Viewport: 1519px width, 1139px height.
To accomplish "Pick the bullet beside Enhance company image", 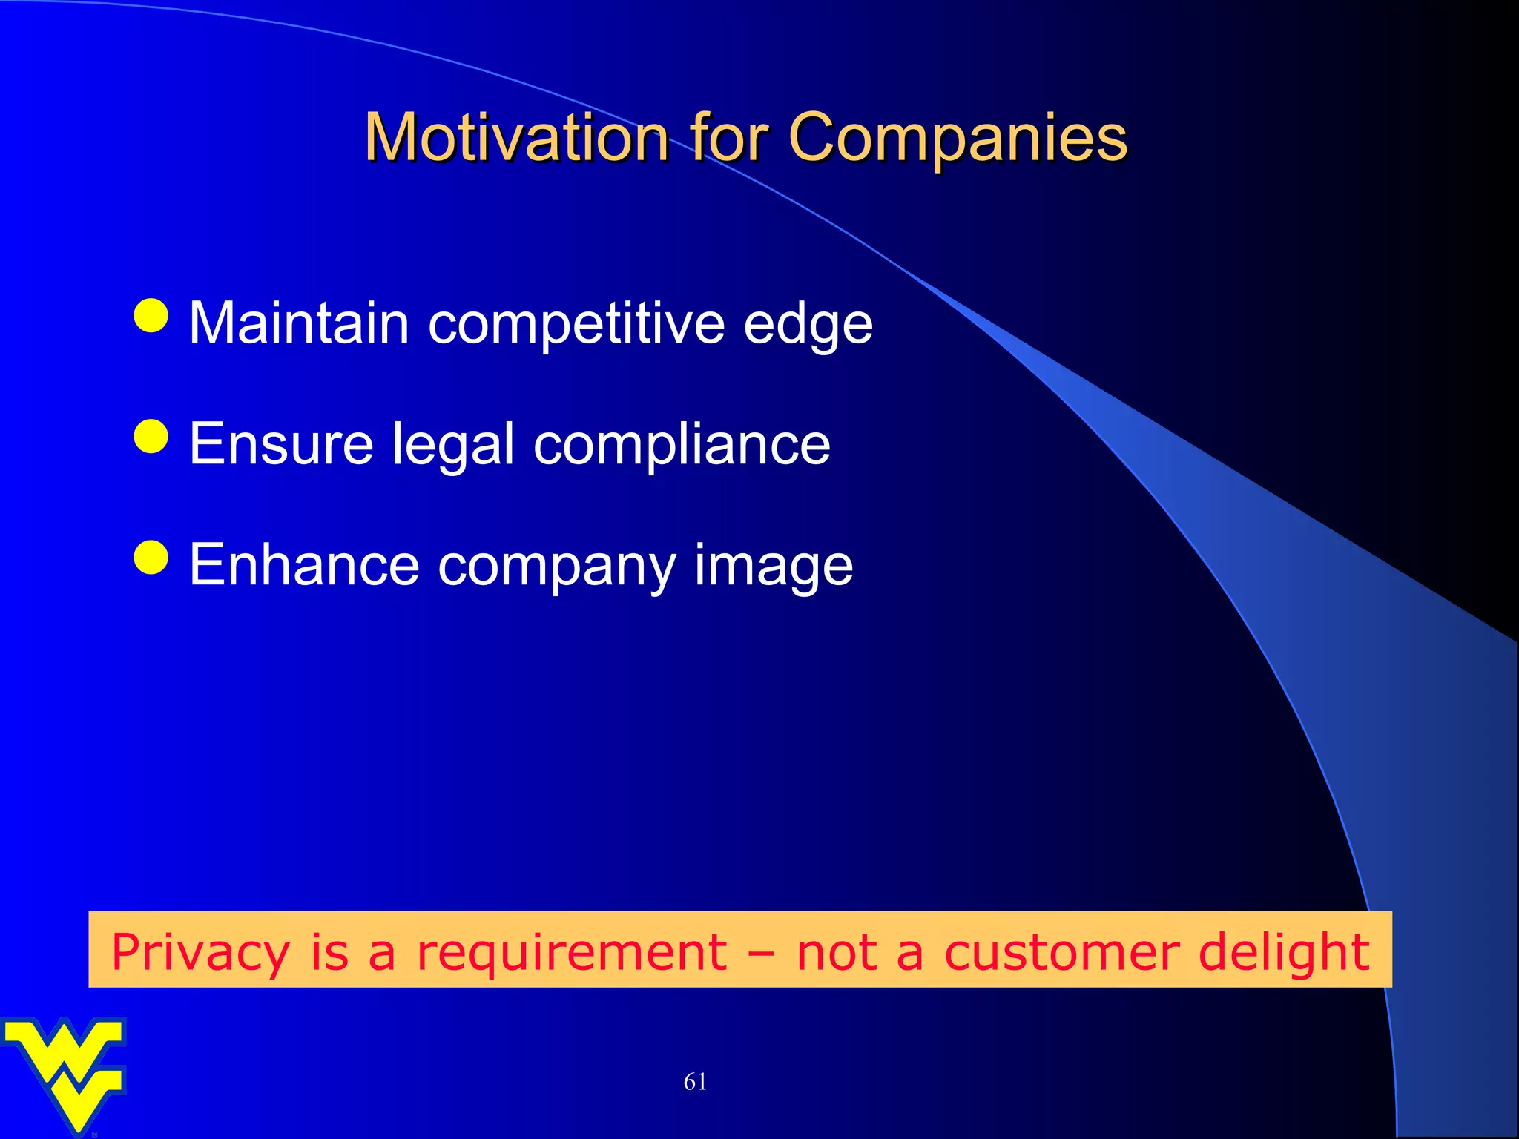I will click(152, 557).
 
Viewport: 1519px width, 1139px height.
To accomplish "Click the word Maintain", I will click(299, 323).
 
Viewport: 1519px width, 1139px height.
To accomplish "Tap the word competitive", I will click(576, 325).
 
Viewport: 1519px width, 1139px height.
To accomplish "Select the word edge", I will click(808, 325).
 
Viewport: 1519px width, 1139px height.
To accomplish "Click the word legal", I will click(452, 445).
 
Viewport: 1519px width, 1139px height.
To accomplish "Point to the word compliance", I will click(682, 445).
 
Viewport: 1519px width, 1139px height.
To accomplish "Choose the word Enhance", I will click(304, 565).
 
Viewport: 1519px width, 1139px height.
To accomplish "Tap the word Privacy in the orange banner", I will click(200, 952).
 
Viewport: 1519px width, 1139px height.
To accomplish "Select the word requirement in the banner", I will click(571, 952).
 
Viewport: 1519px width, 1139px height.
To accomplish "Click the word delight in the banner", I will click(1284, 952).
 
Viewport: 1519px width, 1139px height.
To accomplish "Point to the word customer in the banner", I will click(1061, 952).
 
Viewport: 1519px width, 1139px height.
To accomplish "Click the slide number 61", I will click(695, 1082).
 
